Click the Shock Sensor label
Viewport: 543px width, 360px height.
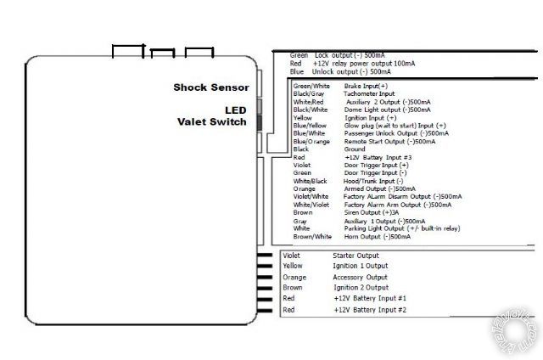211,87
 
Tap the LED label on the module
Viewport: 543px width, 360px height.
234,110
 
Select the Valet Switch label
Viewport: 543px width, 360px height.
211,122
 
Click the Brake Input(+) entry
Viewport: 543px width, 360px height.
366,87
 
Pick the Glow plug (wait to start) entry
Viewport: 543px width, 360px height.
395,126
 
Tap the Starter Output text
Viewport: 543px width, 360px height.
356,255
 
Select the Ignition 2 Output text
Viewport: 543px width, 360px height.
360,288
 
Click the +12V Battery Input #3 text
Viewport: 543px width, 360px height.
378,157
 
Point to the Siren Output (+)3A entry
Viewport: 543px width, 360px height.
372,212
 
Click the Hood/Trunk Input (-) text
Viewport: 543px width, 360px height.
374,181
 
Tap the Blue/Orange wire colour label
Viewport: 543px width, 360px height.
312,142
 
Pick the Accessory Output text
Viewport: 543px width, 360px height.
360,277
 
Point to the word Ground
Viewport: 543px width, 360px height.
355,149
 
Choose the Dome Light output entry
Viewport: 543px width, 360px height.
387,110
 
